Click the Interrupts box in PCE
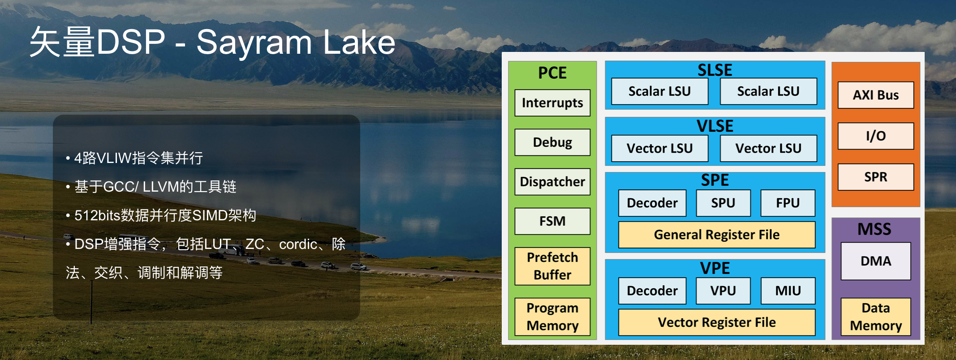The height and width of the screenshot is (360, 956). coord(552,103)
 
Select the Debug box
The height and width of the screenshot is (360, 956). coord(552,142)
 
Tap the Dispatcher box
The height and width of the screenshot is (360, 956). coord(552,182)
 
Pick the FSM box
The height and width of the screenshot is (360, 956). coord(552,221)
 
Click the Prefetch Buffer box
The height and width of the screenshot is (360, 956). coord(552,266)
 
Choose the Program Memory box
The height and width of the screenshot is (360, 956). coord(552,317)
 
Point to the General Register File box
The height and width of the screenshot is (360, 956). coord(717,235)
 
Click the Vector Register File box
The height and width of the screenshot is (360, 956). coord(717,322)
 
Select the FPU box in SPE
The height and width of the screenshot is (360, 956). coord(788,203)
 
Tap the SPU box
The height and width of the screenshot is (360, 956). coord(723,203)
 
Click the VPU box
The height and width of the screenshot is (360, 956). coord(723,291)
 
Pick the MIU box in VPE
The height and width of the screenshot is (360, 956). coord(788,291)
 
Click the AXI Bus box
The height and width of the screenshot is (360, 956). coord(876,95)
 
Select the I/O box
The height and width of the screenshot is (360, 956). coord(876,136)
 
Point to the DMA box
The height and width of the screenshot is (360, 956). coord(876,261)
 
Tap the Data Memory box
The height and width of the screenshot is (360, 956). coord(876,317)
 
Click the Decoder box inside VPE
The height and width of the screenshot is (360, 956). coord(652,291)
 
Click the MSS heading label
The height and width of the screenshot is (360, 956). coord(874,229)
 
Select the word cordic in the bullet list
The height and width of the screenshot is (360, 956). coord(298,244)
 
